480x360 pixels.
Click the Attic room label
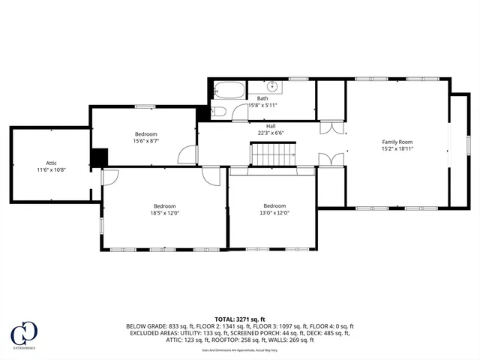pos(51,162)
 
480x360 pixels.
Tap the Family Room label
pos(397,142)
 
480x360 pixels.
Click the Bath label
pos(262,98)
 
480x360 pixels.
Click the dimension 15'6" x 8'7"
pos(146,141)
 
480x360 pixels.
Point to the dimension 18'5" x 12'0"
pos(165,213)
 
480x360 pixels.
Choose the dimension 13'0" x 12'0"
pos(274,212)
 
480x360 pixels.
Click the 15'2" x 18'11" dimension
pos(397,148)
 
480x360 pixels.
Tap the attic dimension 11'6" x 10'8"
pos(51,169)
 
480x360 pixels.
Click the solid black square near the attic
pos(99,157)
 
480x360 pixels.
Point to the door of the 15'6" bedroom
pos(186,154)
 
